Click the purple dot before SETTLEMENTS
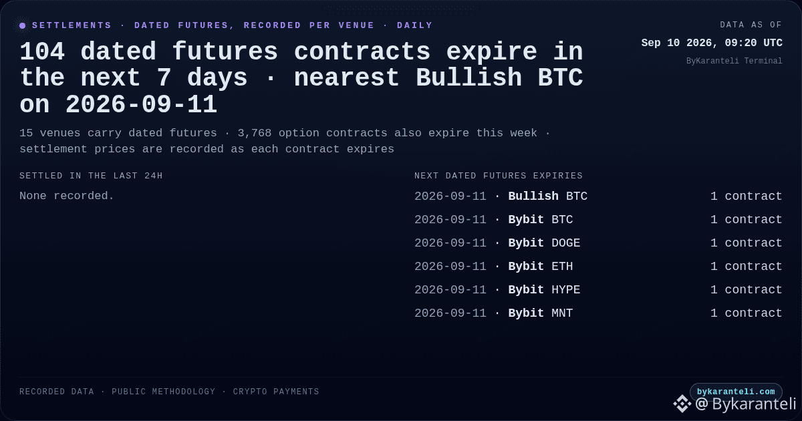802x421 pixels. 22,25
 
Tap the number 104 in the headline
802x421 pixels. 42,51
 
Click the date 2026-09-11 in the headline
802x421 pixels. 141,105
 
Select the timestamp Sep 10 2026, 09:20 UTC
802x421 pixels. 712,43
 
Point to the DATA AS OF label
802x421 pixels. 751,25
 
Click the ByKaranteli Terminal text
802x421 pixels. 734,61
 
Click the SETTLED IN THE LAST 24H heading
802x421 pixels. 91,176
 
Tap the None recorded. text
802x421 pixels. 67,196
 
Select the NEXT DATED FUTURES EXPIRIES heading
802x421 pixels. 499,176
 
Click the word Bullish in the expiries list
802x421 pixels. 533,196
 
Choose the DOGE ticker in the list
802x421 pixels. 565,243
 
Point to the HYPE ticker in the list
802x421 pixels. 565,289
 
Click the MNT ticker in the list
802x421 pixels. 562,313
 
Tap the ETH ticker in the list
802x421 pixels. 562,267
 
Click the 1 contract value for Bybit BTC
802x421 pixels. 746,219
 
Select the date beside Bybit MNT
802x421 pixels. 450,313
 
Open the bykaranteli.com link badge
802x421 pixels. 736,392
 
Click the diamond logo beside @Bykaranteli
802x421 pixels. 682,404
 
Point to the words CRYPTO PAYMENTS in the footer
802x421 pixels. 275,392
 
